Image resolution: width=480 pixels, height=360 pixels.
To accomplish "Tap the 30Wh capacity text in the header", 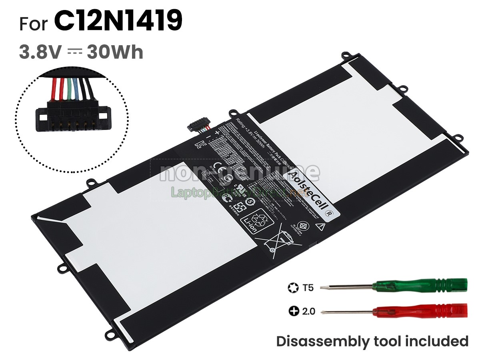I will click(x=115, y=52).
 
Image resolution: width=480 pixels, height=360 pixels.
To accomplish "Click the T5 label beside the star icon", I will click(x=307, y=287).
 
